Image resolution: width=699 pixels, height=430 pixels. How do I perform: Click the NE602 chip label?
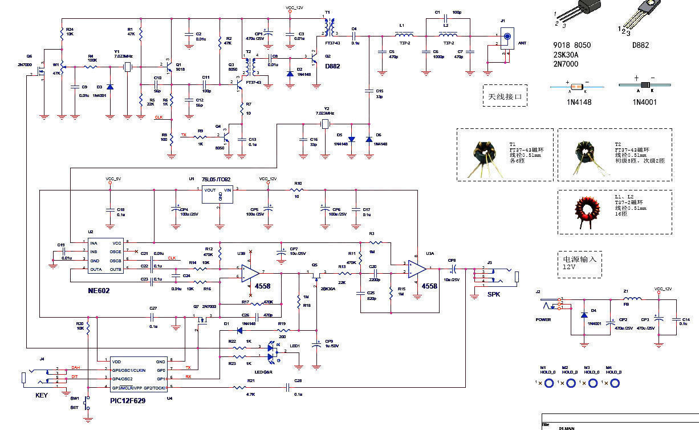pos(99,291)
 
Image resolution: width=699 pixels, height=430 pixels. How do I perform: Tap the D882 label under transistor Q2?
pos(332,66)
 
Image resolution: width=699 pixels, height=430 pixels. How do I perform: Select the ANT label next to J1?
pos(521,43)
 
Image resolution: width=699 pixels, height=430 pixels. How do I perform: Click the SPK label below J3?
pos(494,294)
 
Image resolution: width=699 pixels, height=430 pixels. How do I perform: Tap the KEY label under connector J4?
pos(42,395)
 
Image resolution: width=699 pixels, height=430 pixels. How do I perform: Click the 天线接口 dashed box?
pos(505,96)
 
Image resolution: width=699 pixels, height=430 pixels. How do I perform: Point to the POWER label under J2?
pos(543,319)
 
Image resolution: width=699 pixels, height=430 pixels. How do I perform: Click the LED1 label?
pos(295,346)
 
